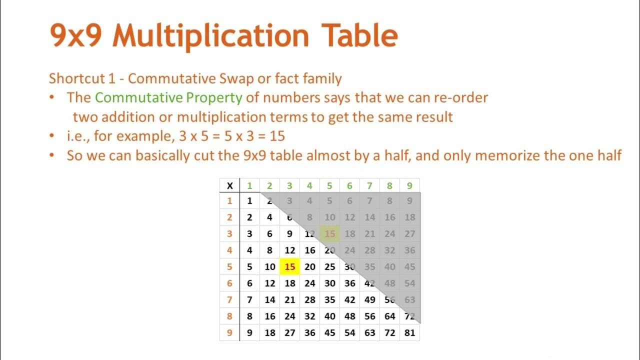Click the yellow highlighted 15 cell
pos(290,267)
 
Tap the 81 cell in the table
pos(409,332)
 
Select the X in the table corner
pos(230,186)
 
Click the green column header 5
pos(329,186)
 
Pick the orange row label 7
pos(230,300)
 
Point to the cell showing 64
pos(389,316)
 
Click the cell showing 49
pos(369,300)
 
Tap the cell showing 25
pos(329,267)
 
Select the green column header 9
pos(409,186)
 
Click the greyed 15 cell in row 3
pos(329,233)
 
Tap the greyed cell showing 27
pos(409,233)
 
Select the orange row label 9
pos(230,332)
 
